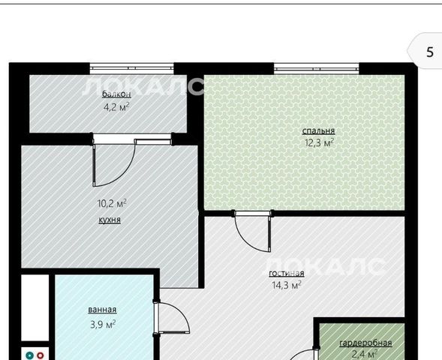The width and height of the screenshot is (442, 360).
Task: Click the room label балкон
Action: [116, 94]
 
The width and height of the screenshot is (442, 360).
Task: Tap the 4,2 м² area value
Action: [116, 106]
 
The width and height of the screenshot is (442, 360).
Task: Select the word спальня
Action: [318, 130]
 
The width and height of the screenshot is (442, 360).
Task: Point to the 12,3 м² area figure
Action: [319, 142]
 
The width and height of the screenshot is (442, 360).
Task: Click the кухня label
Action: [110, 220]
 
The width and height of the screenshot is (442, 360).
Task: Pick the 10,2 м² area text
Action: [112, 203]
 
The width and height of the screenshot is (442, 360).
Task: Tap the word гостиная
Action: [287, 273]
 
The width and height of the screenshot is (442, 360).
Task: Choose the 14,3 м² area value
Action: [287, 285]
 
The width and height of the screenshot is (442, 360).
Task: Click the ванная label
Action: [102, 310]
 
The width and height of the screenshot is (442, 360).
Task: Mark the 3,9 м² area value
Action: [103, 324]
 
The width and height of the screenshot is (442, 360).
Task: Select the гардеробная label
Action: [365, 343]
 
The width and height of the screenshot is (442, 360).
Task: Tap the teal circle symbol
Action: [29, 355]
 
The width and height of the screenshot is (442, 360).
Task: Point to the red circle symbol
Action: [41, 355]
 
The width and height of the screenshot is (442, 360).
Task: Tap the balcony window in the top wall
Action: [131, 68]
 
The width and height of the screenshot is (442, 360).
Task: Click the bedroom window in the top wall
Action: [317, 68]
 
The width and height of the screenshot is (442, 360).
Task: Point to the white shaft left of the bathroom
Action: [35, 307]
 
